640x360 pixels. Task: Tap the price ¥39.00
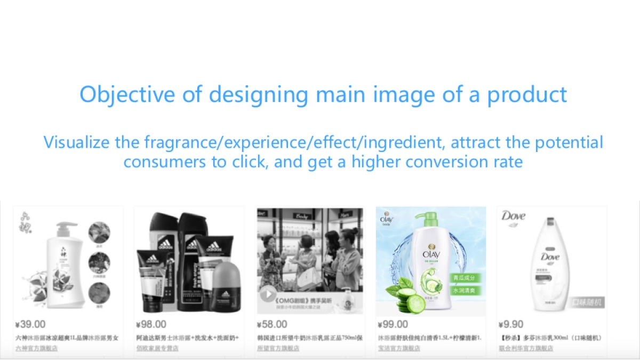[x=30, y=324]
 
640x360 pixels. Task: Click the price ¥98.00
[x=151, y=324]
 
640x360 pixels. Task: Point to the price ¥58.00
[x=272, y=324]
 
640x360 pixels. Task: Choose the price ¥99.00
[x=393, y=324]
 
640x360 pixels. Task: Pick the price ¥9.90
[x=511, y=324]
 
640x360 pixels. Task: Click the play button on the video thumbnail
[x=268, y=294]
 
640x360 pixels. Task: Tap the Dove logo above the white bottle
[x=513, y=216]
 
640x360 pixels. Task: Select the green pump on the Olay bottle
[x=427, y=219]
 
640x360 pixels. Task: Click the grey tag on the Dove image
[x=586, y=302]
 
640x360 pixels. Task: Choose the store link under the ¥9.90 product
[x=525, y=348]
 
